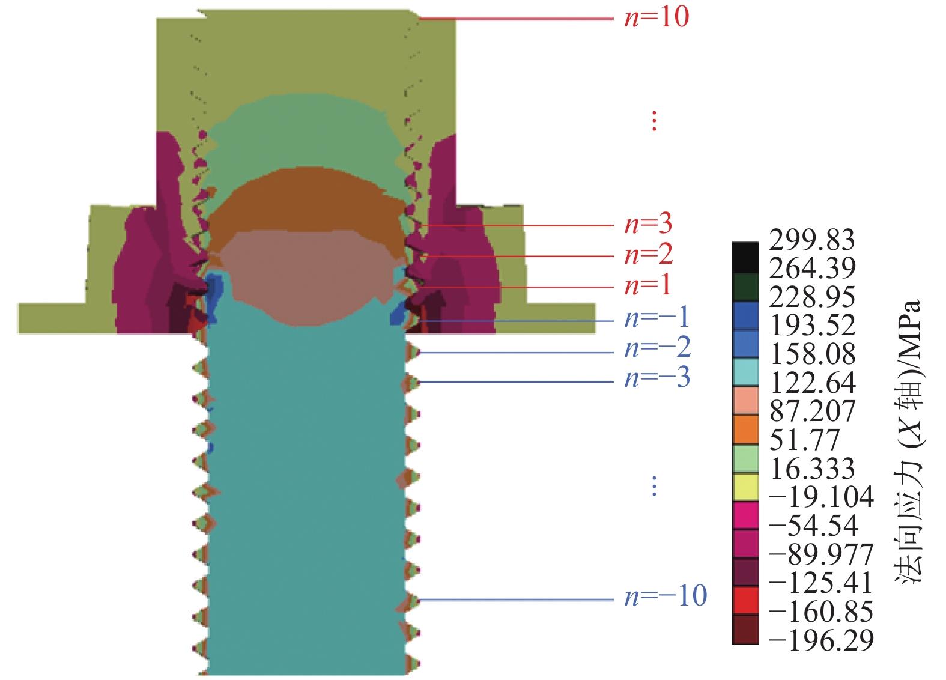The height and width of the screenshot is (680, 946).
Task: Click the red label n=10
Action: [x=656, y=18]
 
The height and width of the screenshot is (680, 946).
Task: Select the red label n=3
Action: [x=649, y=224]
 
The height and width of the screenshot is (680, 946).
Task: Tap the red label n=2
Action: [x=649, y=255]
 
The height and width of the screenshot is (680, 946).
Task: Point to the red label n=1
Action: [x=648, y=286]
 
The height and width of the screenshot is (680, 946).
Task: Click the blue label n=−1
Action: [x=657, y=318]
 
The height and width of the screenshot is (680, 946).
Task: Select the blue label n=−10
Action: [x=666, y=596]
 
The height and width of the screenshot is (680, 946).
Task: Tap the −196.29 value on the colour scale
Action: [x=821, y=641]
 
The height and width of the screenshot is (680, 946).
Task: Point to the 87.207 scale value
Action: [x=811, y=411]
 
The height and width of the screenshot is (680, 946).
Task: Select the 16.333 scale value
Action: [x=811, y=469]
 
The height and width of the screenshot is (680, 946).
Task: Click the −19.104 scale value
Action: [x=821, y=497]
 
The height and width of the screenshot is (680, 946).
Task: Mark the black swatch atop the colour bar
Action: [x=745, y=258]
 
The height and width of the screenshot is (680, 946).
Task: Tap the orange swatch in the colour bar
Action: [x=745, y=430]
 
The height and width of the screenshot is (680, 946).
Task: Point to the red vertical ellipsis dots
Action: [x=654, y=121]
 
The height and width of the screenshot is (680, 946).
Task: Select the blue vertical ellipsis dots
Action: [x=654, y=486]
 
